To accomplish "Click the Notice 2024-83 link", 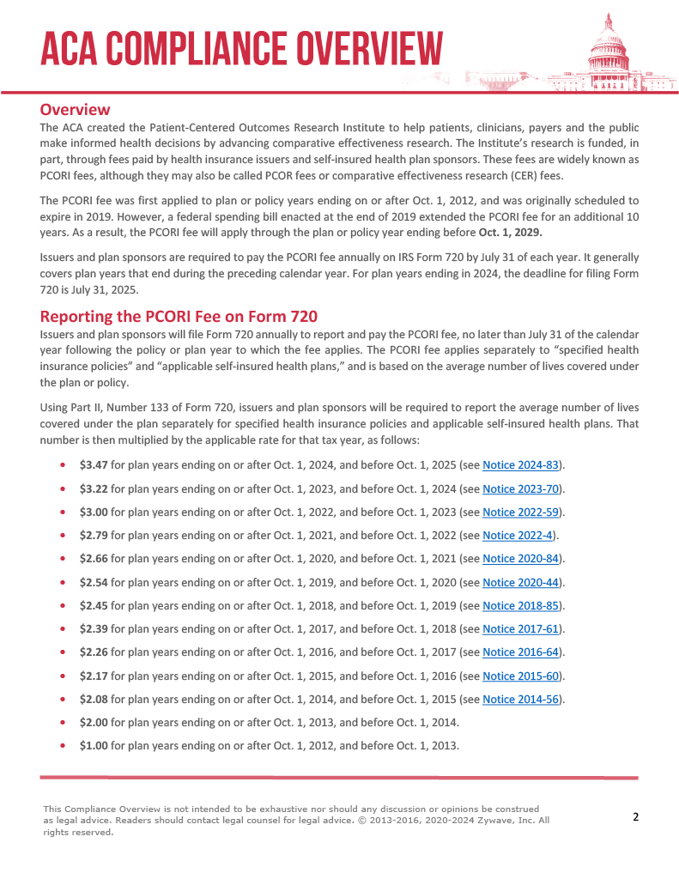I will pyautogui.click(x=521, y=465).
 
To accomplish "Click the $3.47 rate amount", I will pyautogui.click(x=94, y=465).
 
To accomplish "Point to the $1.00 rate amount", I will pyautogui.click(x=94, y=745).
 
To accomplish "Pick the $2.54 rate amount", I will pyautogui.click(x=94, y=582).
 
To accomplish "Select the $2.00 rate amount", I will pyautogui.click(x=94, y=722).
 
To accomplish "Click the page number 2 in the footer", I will pyautogui.click(x=636, y=816).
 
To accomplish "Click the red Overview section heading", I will pyautogui.click(x=75, y=110).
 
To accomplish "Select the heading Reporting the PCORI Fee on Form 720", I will pyautogui.click(x=179, y=315).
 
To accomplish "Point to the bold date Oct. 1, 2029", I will pyautogui.click(x=509, y=233).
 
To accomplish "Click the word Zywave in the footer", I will pyautogui.click(x=497, y=820).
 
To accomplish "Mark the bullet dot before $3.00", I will pyautogui.click(x=64, y=512).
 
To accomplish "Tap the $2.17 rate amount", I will pyautogui.click(x=94, y=676).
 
